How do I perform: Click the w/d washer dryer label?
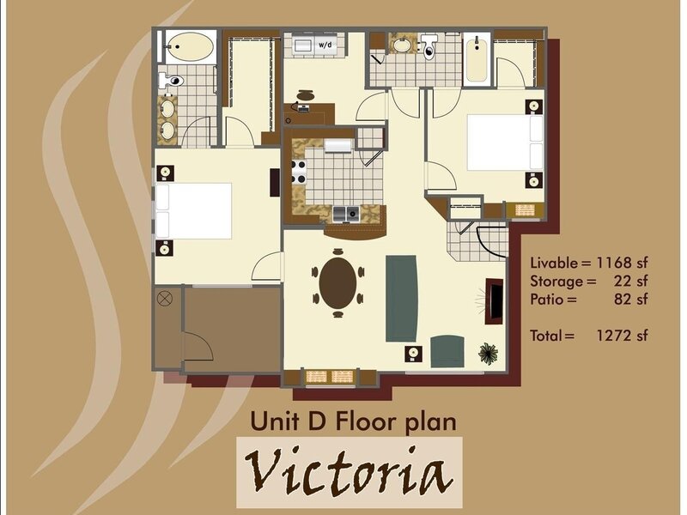pyautogui.click(x=325, y=45)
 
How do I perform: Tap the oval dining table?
pyautogui.click(x=337, y=283)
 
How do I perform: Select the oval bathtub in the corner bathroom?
pyautogui.click(x=192, y=46)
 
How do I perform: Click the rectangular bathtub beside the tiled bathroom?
pyautogui.click(x=477, y=61)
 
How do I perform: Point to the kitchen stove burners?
pyautogui.click(x=299, y=173)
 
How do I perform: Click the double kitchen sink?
pyautogui.click(x=346, y=213)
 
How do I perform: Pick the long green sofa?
pyautogui.click(x=401, y=299)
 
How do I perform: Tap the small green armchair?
pyautogui.click(x=447, y=351)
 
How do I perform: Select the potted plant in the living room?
pyautogui.click(x=489, y=354)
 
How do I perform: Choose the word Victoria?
pyautogui.click(x=349, y=471)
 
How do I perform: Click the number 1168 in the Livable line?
pyautogui.click(x=614, y=263)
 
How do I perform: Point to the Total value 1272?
pyautogui.click(x=614, y=336)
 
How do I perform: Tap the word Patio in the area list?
pyautogui.click(x=547, y=299)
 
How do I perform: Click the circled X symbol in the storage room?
pyautogui.click(x=165, y=299)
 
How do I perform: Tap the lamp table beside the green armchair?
pyautogui.click(x=414, y=354)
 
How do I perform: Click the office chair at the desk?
pyautogui.click(x=306, y=96)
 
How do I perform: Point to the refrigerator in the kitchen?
pyautogui.click(x=337, y=146)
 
